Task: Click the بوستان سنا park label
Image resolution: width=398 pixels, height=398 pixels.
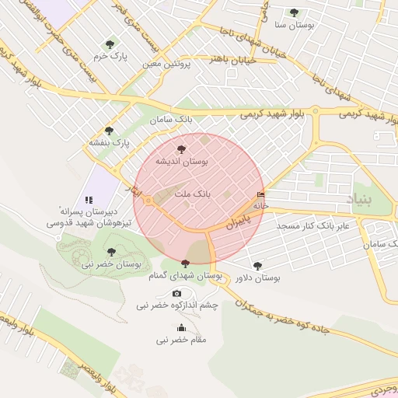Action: click(294, 25)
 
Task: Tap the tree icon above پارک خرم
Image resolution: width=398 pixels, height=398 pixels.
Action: click(109, 44)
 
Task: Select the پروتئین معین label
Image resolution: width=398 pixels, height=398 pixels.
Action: click(166, 64)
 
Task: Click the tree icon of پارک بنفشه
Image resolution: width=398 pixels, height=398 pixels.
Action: click(109, 131)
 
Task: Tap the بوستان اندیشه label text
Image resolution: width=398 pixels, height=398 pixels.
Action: click(181, 161)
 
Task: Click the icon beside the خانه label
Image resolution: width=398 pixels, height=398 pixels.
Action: click(260, 195)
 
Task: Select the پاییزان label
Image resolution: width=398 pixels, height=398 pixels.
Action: click(239, 221)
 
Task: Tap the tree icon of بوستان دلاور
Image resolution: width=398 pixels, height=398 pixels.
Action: click(257, 265)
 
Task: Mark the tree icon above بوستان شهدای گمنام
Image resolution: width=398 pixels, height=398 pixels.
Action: click(184, 264)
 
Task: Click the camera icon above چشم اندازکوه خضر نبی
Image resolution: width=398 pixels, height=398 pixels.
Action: click(176, 293)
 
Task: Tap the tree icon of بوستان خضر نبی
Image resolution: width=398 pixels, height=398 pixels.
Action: click(111, 251)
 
